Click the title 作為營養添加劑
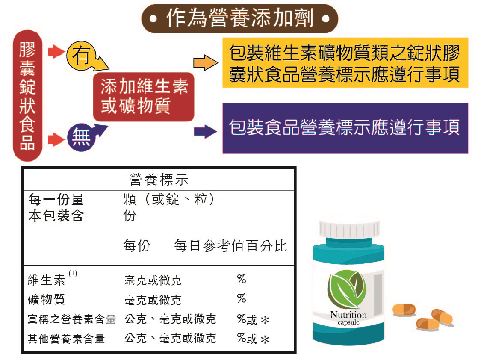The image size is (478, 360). pyautogui.click(x=239, y=19)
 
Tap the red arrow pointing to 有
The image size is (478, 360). pyautogui.click(x=55, y=53)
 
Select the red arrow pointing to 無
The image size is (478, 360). pyautogui.click(x=55, y=139)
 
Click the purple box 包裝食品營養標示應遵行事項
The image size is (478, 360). pyautogui.click(x=344, y=128)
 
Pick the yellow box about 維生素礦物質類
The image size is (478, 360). pyautogui.click(x=344, y=65)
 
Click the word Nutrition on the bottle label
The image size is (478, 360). pyautogui.click(x=348, y=315)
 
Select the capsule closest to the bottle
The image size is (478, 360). pyautogui.click(x=404, y=310)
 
